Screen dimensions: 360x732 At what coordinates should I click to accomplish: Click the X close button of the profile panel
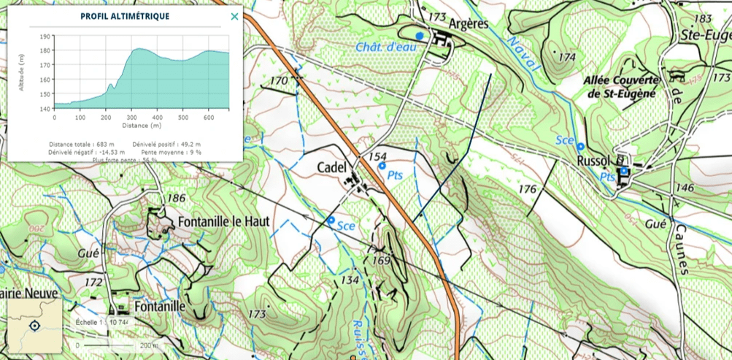point(234,16)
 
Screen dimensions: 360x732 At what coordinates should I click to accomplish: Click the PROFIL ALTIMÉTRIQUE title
point(125,16)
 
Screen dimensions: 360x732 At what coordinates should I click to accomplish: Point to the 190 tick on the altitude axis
point(46,36)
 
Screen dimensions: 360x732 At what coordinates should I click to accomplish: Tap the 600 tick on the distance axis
point(209,117)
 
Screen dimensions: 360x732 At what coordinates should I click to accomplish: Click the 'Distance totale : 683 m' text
point(79,144)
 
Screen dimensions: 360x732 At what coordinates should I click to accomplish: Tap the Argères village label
point(469,23)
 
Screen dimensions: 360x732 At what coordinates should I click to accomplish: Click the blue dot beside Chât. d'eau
point(419,35)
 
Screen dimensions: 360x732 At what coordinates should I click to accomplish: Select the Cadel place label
point(331,167)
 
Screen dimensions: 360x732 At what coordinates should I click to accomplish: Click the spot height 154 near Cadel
point(377,157)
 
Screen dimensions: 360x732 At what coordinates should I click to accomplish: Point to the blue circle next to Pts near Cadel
point(381,166)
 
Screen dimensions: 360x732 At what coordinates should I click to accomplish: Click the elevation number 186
point(176,198)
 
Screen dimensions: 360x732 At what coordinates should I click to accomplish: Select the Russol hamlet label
point(593,161)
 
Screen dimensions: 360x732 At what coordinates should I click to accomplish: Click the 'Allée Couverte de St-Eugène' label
point(620,86)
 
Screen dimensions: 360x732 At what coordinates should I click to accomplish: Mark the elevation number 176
point(527,189)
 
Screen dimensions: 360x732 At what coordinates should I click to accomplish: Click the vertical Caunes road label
point(682,249)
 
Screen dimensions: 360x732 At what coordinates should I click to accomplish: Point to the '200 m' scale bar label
point(149,345)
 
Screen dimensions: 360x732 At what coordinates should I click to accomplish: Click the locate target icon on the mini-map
point(34,325)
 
